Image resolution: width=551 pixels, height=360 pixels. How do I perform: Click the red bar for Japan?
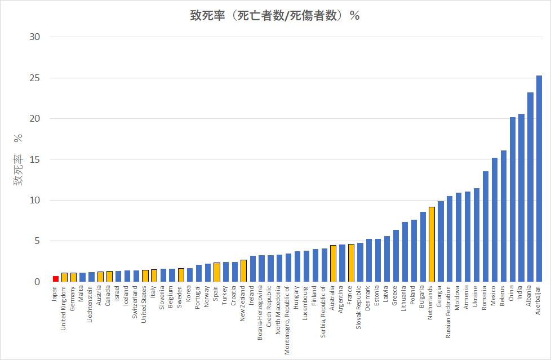click(56, 278)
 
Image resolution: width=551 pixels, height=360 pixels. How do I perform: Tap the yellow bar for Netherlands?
click(432, 244)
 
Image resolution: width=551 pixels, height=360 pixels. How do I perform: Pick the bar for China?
click(513, 199)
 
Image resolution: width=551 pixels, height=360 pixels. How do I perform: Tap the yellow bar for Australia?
click(333, 263)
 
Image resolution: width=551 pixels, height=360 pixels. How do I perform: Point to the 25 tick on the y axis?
click(36, 78)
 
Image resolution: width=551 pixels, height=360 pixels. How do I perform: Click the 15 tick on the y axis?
click(36, 159)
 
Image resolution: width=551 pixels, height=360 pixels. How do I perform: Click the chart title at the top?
click(275, 16)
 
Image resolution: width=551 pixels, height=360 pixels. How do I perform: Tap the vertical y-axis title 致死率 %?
click(18, 160)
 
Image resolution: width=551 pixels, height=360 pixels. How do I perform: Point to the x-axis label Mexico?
click(494, 297)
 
